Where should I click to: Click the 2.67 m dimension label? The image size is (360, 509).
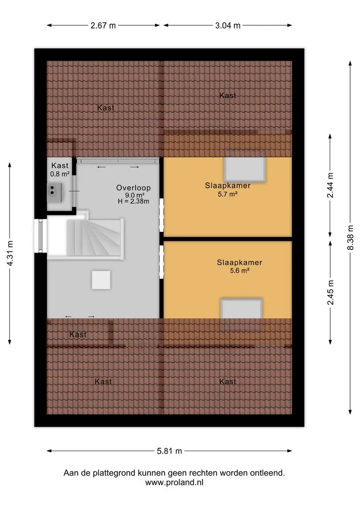tap(103, 25)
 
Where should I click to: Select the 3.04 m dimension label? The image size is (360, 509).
tap(228, 25)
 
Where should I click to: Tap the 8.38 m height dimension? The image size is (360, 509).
tap(350, 238)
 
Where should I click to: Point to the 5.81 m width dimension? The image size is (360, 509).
tap(170, 451)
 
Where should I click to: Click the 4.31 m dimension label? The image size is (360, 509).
tap(10, 253)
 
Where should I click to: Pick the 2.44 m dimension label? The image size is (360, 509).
tap(330, 185)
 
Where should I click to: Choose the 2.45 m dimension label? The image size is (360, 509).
tap(330, 293)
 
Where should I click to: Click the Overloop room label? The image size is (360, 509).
tap(133, 188)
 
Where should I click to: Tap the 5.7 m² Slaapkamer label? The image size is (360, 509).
tap(228, 189)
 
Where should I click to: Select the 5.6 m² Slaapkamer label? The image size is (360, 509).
tap(239, 266)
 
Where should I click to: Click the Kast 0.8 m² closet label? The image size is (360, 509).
tap(60, 170)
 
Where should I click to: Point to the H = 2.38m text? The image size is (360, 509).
tap(133, 201)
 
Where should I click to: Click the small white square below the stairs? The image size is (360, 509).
tap(101, 280)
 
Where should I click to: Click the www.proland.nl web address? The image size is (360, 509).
tap(174, 483)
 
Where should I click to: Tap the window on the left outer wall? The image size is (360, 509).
tap(41, 235)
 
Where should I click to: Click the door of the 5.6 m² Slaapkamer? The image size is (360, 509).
tap(161, 262)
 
